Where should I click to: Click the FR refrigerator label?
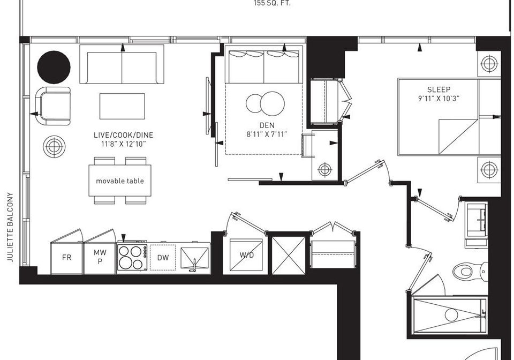(66, 257)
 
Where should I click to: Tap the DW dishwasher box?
(163, 257)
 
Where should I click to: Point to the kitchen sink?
(195, 258)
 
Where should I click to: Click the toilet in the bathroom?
(470, 271)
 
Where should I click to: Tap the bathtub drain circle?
(451, 315)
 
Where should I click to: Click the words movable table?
(120, 181)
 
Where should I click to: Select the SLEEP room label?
(439, 89)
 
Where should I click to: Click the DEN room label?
(267, 125)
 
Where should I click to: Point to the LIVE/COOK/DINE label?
(123, 135)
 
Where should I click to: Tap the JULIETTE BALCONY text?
(11, 227)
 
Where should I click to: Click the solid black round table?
(54, 67)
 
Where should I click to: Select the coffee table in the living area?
(122, 106)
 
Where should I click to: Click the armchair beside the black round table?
(53, 106)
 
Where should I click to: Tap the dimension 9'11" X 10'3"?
(439, 98)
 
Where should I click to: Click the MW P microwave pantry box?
(100, 257)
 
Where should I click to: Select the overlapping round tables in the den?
(265, 103)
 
